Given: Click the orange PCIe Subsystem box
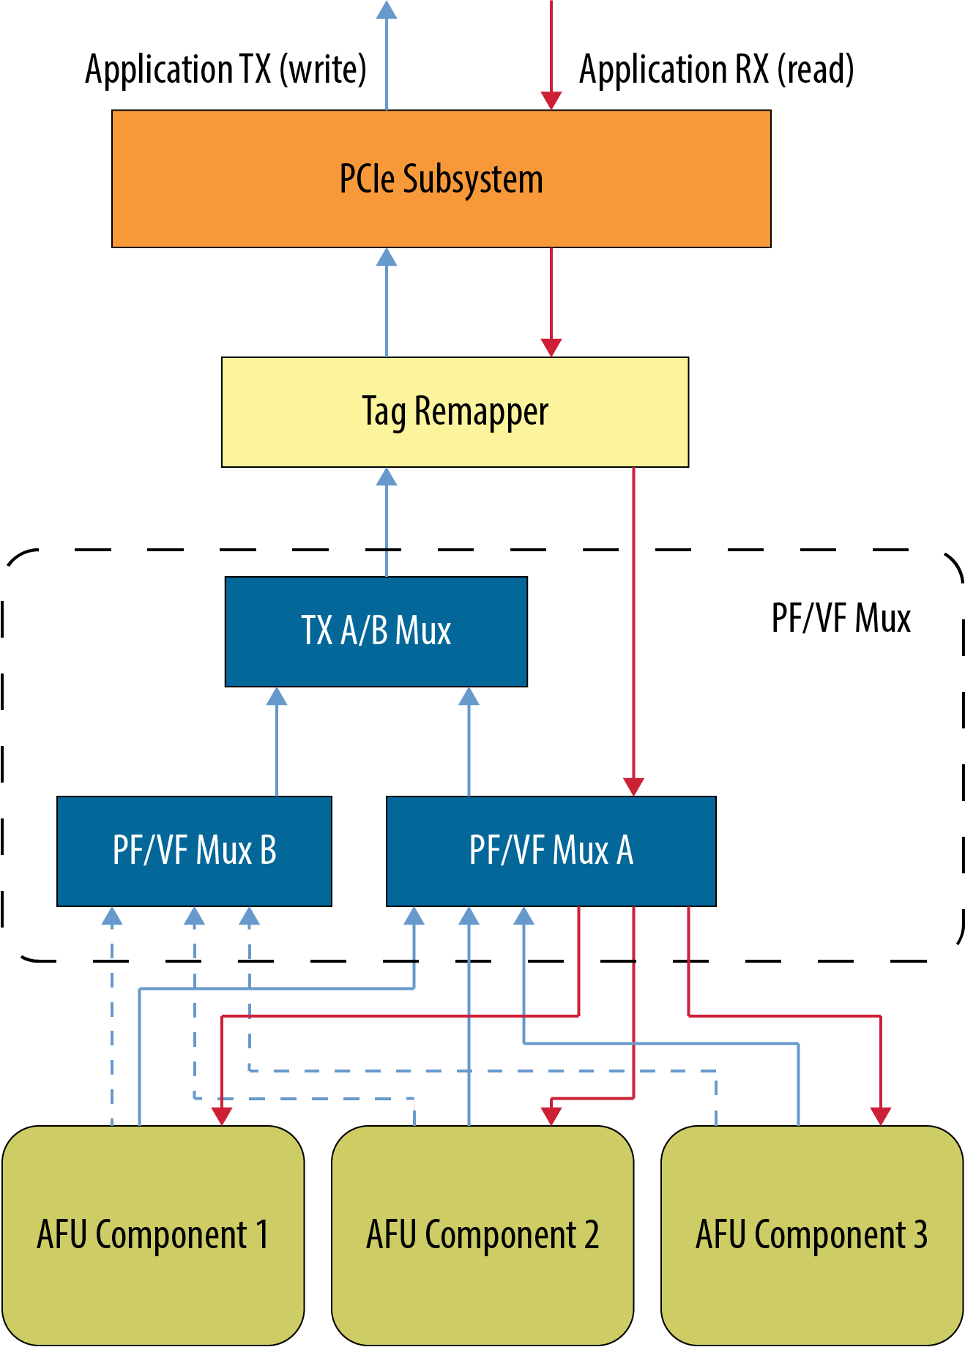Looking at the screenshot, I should point(441,179).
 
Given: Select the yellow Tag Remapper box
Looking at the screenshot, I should point(455,411).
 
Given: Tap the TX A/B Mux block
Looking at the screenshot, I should point(376,631).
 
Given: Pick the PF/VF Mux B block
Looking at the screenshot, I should point(194,851).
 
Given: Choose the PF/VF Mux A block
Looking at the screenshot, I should point(551,851).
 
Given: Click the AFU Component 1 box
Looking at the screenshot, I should point(153,1235).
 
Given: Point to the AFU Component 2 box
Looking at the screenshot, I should point(482,1235).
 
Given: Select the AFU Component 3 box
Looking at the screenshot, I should point(812,1235).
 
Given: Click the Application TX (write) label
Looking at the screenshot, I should point(226,70).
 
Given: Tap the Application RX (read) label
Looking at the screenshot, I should point(716,70).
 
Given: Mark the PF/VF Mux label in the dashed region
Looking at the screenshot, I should point(841,618).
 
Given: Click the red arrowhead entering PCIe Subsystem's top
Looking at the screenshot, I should point(551,101).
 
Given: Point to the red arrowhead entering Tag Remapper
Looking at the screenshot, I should point(551,348).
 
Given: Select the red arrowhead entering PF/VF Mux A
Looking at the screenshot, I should point(633,787).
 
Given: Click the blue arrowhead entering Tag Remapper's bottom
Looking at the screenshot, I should point(387,477).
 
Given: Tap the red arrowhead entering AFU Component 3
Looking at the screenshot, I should point(880,1116).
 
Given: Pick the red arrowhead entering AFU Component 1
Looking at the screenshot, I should point(222,1116).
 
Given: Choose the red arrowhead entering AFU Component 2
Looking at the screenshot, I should point(551,1116).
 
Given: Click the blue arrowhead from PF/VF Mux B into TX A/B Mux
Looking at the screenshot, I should point(277,696).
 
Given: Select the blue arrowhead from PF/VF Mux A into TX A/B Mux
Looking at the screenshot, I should point(469,696).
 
